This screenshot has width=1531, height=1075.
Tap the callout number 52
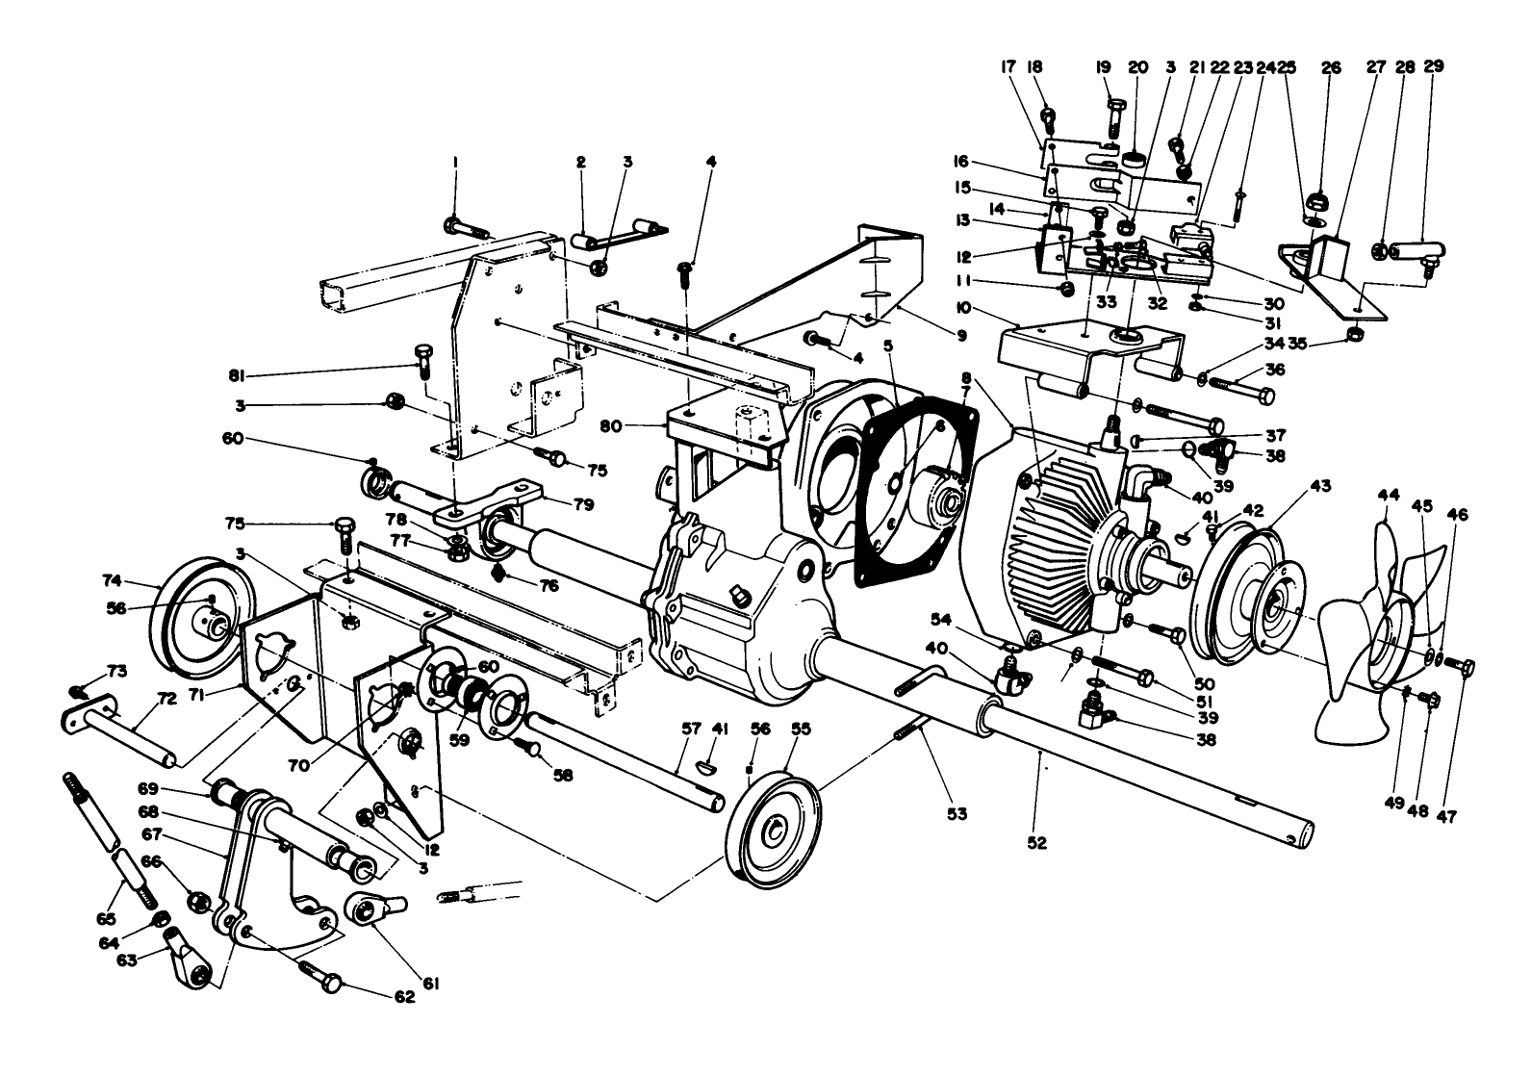1035,842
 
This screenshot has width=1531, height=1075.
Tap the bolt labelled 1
466,228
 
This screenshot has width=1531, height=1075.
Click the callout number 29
1434,66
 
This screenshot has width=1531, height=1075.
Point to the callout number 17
1008,66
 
